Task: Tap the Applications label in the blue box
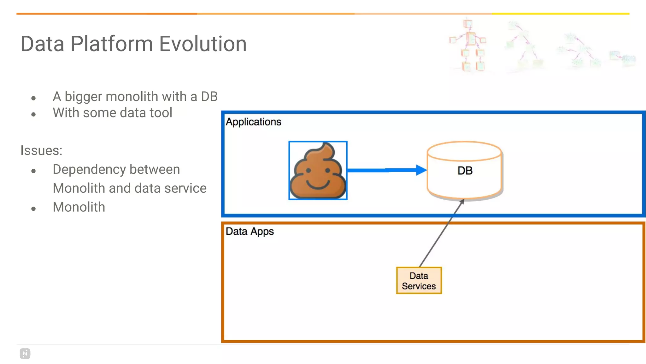pyautogui.click(x=253, y=122)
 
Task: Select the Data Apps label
pyautogui.click(x=250, y=232)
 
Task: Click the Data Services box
pyautogui.click(x=419, y=281)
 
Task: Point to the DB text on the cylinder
pyautogui.click(x=465, y=171)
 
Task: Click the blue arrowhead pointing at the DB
pyautogui.click(x=421, y=170)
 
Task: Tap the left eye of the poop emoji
pyautogui.click(x=308, y=171)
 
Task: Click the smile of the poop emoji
pyautogui.click(x=318, y=185)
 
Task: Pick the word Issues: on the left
pyautogui.click(x=41, y=150)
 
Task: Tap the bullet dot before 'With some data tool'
pyautogui.click(x=33, y=114)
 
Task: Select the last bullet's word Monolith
pyautogui.click(x=79, y=207)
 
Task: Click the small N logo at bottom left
pyautogui.click(x=25, y=353)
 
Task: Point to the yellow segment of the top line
pyautogui.click(x=560, y=14)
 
